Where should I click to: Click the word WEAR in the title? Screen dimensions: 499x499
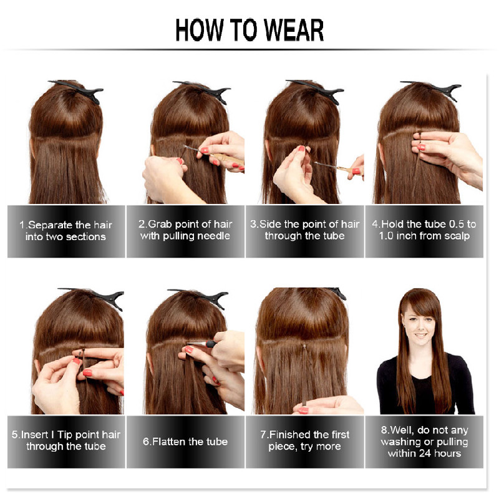(x=294, y=30)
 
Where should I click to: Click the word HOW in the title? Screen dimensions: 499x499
(x=199, y=30)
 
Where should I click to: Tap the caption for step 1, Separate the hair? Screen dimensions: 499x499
(x=66, y=231)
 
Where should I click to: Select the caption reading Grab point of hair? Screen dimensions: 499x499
(x=185, y=230)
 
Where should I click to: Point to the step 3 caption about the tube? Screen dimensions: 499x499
(x=304, y=230)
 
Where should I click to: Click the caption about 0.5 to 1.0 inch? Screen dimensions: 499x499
(x=424, y=230)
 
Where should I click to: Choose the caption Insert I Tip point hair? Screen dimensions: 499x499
(x=66, y=440)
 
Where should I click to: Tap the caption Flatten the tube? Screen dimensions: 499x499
(x=185, y=442)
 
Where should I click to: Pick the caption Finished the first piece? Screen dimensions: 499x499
(x=304, y=440)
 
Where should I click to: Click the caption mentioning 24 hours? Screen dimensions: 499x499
(x=424, y=442)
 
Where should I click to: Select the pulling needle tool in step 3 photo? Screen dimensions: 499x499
(x=338, y=167)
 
